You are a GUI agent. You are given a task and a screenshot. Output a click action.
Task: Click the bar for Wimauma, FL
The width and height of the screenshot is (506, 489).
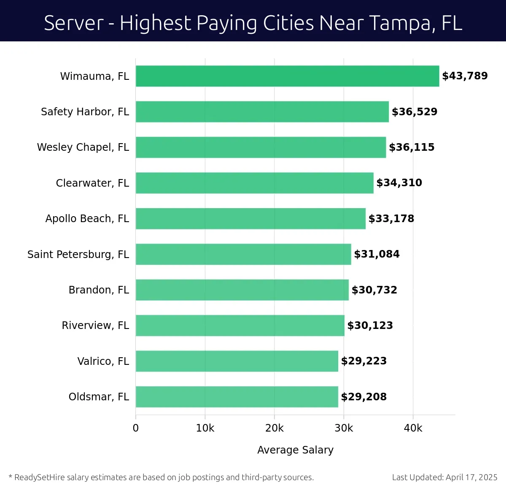(287, 76)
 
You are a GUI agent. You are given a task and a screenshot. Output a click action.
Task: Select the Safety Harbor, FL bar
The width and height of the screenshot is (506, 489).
(262, 111)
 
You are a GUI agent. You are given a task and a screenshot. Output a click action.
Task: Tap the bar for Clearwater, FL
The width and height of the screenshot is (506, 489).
(254, 183)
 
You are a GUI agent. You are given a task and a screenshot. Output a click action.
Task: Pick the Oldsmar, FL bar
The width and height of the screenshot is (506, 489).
(237, 397)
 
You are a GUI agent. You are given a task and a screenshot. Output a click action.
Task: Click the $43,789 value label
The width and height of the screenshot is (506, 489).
(465, 76)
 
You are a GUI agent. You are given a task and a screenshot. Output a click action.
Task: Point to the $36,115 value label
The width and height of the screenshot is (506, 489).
(412, 147)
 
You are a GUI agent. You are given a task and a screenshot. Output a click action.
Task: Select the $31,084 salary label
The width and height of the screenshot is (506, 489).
(377, 254)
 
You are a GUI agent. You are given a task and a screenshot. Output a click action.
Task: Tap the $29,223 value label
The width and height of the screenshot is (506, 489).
(363, 361)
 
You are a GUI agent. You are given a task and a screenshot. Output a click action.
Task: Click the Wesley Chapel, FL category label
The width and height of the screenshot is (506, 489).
(83, 147)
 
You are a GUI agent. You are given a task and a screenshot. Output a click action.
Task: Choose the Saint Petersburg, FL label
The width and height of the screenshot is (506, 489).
(78, 254)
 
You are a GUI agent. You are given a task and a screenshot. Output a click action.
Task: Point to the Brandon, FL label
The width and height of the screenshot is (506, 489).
(99, 290)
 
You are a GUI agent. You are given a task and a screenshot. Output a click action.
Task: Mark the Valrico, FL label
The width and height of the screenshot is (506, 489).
(103, 361)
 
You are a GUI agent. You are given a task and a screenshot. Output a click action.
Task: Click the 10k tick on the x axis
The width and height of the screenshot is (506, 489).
(205, 428)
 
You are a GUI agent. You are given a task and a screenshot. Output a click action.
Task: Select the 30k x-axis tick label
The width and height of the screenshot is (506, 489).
(344, 428)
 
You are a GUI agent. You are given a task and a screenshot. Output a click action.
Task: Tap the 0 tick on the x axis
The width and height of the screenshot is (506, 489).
(136, 428)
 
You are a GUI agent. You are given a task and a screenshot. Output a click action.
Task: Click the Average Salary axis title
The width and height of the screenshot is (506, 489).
(295, 450)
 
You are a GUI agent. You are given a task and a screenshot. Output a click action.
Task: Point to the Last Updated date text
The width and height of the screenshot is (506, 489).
(444, 478)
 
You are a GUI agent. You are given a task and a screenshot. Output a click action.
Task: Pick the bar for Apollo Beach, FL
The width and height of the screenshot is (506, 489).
(250, 219)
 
